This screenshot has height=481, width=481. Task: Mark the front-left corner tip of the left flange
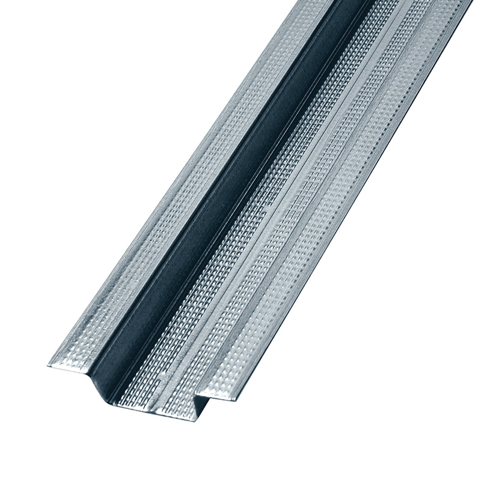coord(47,366)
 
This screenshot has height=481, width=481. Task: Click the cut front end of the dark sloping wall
coord(99,385)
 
